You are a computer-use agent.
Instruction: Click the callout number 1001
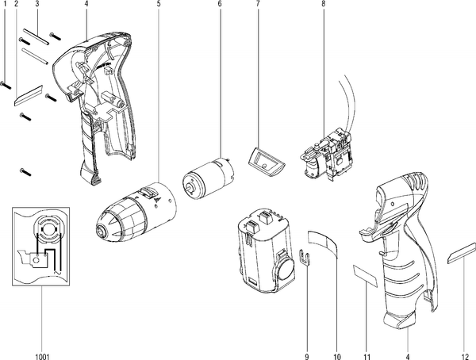click(42, 357)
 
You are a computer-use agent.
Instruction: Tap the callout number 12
click(464, 357)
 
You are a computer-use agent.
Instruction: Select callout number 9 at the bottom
click(306, 357)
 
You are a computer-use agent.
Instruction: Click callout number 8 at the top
click(323, 4)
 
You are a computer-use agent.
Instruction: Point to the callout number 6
click(220, 4)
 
